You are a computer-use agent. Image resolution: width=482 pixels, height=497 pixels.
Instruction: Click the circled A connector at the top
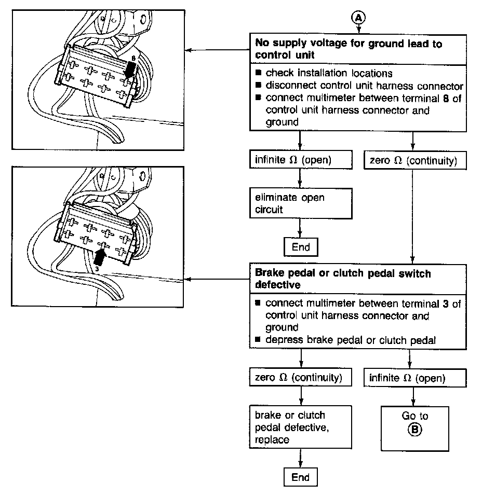coord(359,18)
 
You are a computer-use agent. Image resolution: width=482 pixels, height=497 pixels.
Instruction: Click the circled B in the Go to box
coord(415,429)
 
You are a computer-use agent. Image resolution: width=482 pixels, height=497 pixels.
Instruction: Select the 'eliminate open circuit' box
coord(300,204)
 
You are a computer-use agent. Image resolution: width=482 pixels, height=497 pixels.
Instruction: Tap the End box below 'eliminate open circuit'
coord(301,247)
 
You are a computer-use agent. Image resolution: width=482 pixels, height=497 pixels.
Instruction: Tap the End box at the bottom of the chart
coord(300,478)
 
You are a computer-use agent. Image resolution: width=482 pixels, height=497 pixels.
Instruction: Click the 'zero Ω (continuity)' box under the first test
coord(413,161)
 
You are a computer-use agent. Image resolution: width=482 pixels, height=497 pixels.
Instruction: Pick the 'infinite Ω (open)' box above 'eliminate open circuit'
coord(300,160)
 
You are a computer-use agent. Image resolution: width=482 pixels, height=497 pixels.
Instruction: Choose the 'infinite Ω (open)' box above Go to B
coord(414,378)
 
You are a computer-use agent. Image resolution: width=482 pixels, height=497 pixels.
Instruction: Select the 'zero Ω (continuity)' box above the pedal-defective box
coord(300,378)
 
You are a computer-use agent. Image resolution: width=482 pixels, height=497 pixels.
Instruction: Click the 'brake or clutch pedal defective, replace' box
coord(300,427)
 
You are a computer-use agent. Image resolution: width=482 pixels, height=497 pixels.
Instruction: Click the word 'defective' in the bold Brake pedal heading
coord(276,285)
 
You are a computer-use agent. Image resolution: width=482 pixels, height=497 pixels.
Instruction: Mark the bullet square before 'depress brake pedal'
coord(259,340)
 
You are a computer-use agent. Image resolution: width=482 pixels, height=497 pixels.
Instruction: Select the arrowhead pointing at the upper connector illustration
coord(189,50)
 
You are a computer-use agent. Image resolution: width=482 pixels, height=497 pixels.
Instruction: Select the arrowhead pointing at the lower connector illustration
coord(189,280)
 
